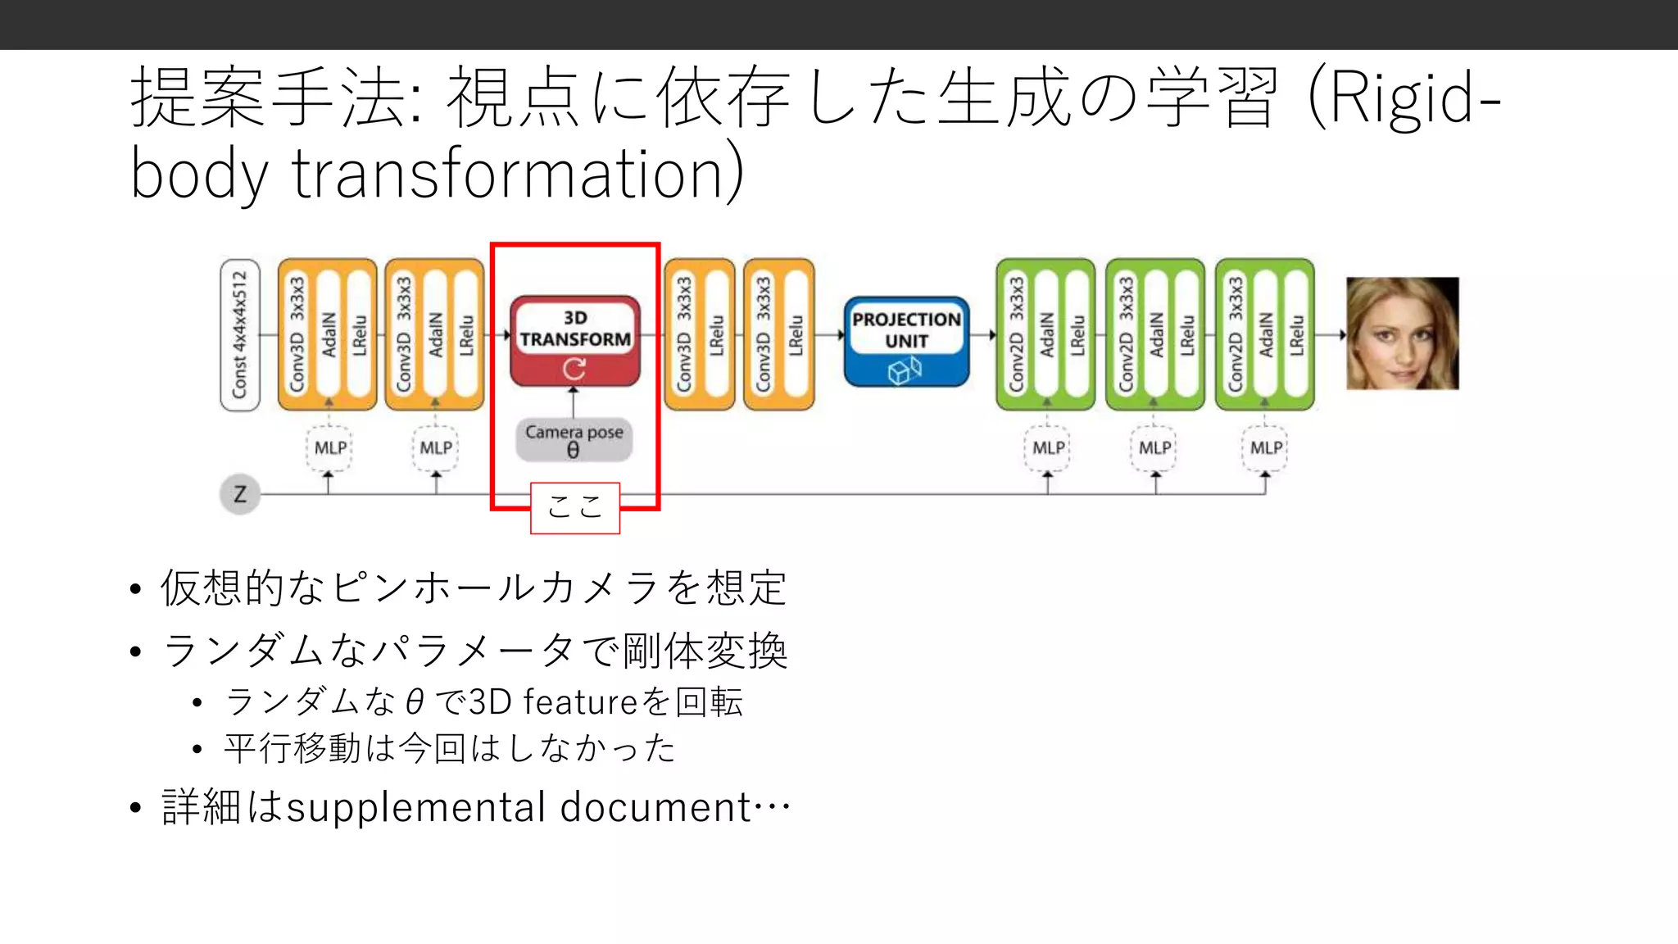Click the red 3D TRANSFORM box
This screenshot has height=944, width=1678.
pyautogui.click(x=574, y=340)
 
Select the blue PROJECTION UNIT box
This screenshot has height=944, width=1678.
pyautogui.click(x=906, y=340)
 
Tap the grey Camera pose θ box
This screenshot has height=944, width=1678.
pyautogui.click(x=574, y=440)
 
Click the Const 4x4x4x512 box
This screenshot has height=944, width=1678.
pyautogui.click(x=239, y=334)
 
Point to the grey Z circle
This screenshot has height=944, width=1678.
pyautogui.click(x=240, y=494)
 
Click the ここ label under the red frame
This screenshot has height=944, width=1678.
pyautogui.click(x=574, y=507)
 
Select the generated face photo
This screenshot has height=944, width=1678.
pyautogui.click(x=1402, y=333)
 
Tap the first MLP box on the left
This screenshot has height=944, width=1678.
pyautogui.click(x=329, y=448)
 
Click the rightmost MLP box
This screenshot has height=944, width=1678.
pyautogui.click(x=1265, y=448)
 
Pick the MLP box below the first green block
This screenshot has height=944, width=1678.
pyautogui.click(x=1047, y=448)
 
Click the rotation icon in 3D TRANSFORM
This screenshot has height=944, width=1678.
pyautogui.click(x=574, y=370)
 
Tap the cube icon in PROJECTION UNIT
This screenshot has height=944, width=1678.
pyautogui.click(x=905, y=371)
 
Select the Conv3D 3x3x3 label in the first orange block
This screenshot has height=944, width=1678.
pyautogui.click(x=297, y=334)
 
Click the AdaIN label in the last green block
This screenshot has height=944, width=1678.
pyautogui.click(x=1266, y=334)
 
